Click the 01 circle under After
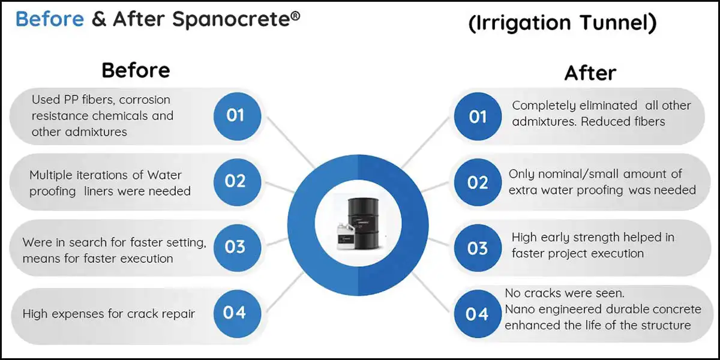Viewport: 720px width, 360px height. [478, 116]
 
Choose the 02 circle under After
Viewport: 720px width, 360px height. [478, 182]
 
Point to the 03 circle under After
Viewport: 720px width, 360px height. [478, 247]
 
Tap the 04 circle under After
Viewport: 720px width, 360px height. [478, 313]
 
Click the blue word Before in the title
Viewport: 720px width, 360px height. [49, 19]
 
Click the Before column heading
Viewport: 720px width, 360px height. [136, 70]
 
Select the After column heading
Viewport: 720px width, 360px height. [590, 73]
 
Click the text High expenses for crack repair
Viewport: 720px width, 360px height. [109, 313]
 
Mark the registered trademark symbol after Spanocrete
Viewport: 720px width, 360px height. [295, 13]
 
